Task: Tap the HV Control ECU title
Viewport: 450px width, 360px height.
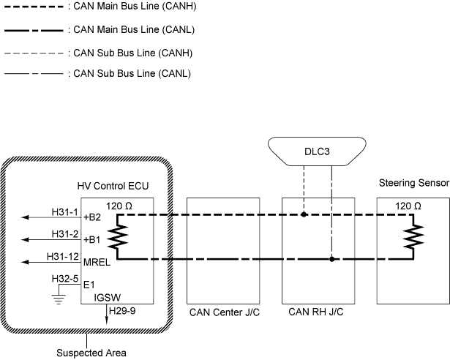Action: pos(113,187)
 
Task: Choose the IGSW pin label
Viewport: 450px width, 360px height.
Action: pos(108,298)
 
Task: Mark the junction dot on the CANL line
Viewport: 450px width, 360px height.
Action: pos(332,259)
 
